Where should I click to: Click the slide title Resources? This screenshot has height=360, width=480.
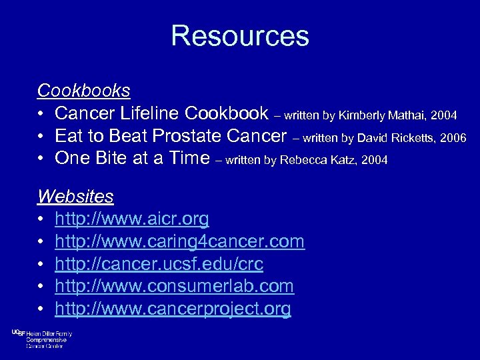click(240, 36)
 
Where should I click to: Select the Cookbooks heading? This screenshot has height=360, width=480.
click(83, 90)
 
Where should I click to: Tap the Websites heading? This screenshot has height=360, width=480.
click(75, 197)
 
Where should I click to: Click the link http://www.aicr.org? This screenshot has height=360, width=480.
click(132, 219)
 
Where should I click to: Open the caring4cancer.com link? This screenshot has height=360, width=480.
click(179, 241)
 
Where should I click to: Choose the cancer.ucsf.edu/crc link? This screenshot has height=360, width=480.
click(159, 264)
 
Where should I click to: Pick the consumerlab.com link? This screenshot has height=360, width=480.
click(174, 287)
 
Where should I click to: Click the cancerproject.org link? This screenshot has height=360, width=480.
click(173, 309)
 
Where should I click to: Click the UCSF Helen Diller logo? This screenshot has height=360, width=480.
click(41, 339)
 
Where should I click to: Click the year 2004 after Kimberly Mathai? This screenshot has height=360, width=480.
click(444, 116)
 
